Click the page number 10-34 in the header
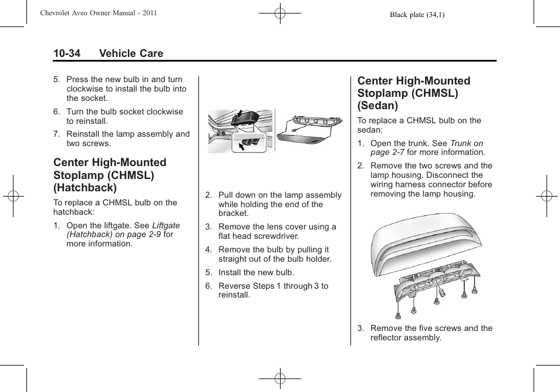tap(67, 53)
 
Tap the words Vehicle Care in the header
tap(131, 53)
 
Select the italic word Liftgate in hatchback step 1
tap(166, 225)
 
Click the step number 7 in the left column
tap(56, 134)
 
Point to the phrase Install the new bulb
tap(257, 272)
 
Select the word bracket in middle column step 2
tap(233, 213)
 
